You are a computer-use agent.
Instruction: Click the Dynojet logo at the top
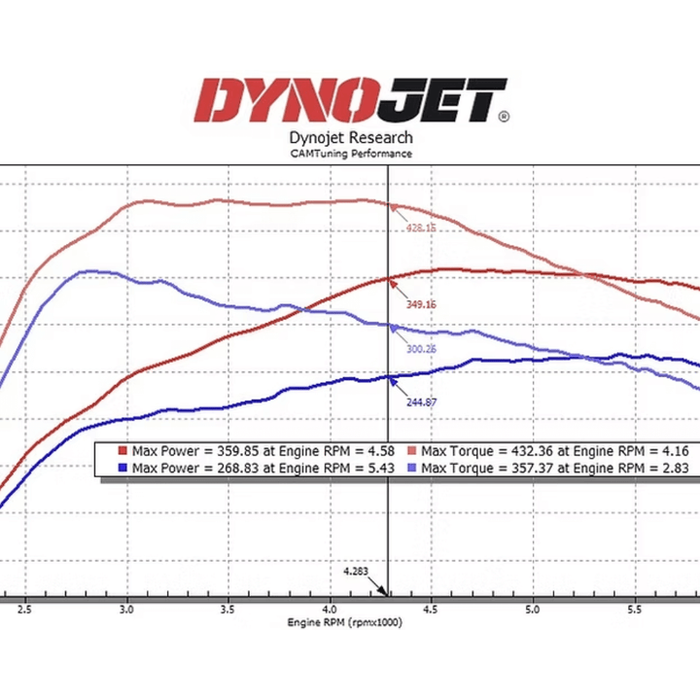point(351,100)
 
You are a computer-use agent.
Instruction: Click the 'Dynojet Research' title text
point(351,138)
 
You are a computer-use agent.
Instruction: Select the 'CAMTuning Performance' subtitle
point(351,154)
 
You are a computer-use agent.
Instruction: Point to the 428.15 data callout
point(422,228)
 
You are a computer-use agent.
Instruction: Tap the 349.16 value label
point(422,304)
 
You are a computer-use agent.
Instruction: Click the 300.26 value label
point(420,348)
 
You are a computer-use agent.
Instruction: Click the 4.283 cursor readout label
point(357,573)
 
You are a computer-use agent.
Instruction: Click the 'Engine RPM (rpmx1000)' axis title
point(344,622)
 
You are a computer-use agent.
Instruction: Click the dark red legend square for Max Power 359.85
point(122,451)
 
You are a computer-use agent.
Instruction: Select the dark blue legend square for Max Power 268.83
point(122,468)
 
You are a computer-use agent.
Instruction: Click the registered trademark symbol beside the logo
point(503,117)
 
